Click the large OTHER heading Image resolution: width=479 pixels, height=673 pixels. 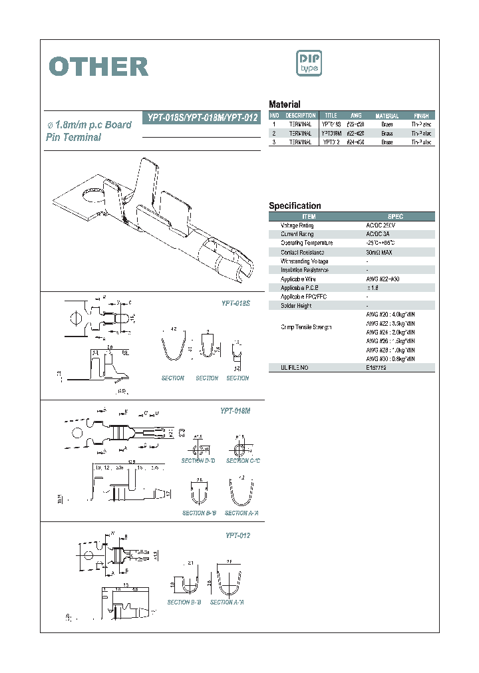tap(99, 67)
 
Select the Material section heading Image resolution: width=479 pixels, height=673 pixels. tap(284, 104)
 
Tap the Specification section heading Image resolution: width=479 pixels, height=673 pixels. tap(295, 206)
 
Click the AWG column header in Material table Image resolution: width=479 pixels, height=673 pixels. tap(356, 116)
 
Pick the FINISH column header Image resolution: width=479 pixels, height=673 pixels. tap(420, 116)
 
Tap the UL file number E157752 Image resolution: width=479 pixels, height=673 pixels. tap(377, 368)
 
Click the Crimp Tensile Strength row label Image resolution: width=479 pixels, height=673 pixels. tap(305, 328)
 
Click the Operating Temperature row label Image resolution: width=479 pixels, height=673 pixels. tap(307, 243)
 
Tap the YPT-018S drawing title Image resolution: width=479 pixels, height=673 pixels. tap(235, 303)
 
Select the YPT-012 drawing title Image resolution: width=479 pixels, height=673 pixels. tap(237, 535)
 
